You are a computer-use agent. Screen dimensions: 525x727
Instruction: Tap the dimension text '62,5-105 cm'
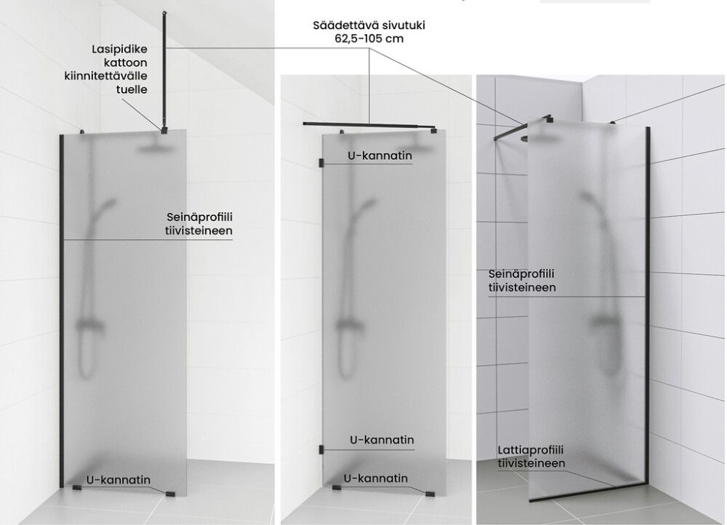[x=369, y=38]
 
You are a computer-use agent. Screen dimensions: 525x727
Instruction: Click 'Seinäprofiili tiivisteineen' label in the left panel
[x=199, y=223]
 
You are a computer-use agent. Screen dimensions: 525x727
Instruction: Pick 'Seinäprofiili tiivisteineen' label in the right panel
[x=522, y=281]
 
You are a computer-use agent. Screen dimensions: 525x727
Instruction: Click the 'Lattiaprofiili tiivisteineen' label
[x=531, y=457]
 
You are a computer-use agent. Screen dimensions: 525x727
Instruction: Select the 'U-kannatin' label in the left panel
[x=119, y=480]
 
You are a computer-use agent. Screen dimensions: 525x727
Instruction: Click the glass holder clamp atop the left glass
[x=166, y=130]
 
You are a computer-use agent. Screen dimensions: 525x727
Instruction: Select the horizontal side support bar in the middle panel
[x=367, y=126]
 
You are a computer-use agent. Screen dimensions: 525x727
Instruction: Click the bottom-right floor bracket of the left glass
[x=171, y=494]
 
